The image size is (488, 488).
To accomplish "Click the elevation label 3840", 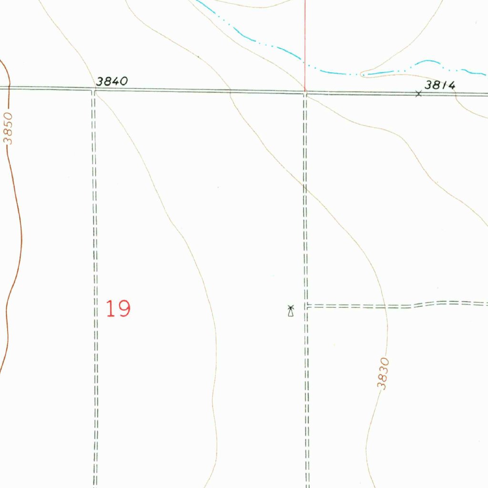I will pos(112,81).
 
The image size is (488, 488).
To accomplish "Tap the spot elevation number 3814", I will pos(440,85).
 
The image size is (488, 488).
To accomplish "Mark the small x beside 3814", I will pos(418,94).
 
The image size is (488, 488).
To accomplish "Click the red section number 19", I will pos(118,309).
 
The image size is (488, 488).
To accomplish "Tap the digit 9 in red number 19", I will pos(124,309).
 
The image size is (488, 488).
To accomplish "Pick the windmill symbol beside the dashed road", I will pos(290,311).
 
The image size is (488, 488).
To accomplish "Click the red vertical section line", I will pos(305,43).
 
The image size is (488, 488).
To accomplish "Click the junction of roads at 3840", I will pos(94,89).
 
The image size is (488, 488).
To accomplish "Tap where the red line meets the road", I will pos(305,91).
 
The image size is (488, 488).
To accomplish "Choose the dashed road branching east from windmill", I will pos(381,306).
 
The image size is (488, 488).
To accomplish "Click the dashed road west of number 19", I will pos(94,286).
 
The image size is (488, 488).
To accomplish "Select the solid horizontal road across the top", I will pos(191,90).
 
